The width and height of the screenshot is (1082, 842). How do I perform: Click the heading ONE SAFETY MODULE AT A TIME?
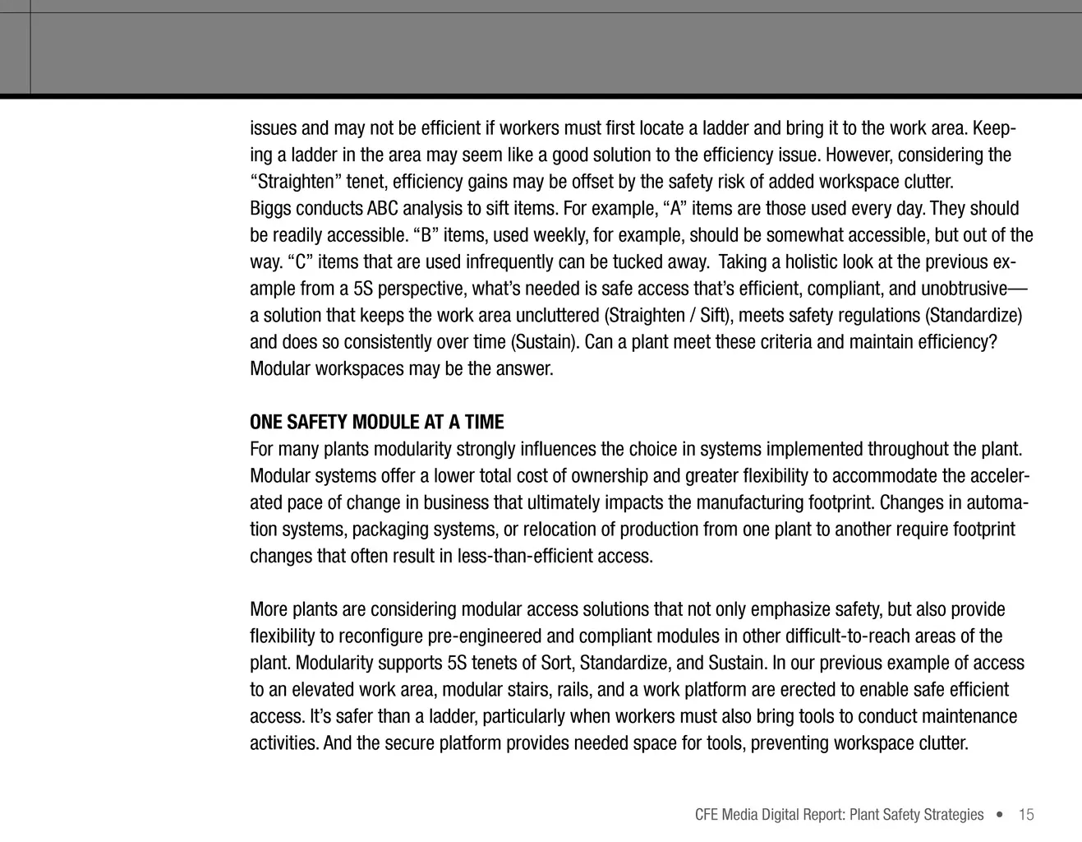coord(376,423)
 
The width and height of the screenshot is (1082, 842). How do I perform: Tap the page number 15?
coord(1026,815)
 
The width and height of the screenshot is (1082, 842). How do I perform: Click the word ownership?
coord(610,476)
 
